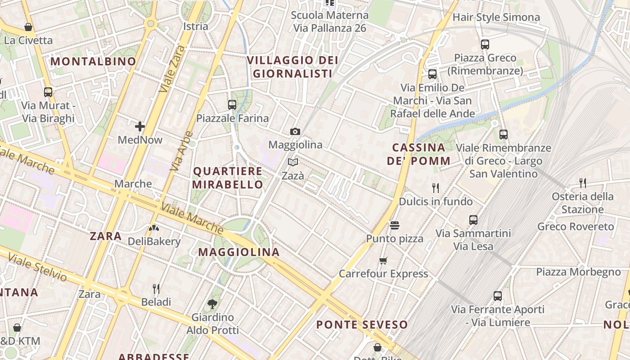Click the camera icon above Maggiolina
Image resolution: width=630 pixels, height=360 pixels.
[x=295, y=131]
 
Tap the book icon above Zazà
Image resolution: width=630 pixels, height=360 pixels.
[x=293, y=162]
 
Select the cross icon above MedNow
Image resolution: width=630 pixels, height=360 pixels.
[x=140, y=126]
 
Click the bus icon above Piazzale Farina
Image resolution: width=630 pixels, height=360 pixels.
[x=232, y=105]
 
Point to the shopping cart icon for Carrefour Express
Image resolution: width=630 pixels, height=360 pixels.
[x=383, y=261]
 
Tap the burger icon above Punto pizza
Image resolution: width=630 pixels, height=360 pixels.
[x=395, y=225]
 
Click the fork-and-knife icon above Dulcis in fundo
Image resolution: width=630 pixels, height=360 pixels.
[x=435, y=188]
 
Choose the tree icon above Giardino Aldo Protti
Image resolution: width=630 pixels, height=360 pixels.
[x=212, y=304]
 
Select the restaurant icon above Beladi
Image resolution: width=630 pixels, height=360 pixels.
[x=156, y=288]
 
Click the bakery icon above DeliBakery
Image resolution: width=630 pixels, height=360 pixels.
[x=154, y=228]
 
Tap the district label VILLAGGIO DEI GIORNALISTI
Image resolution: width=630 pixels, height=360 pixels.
[x=292, y=67]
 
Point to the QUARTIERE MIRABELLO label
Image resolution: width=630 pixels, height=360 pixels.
[x=228, y=178]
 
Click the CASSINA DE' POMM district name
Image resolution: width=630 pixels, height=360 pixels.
[x=418, y=154]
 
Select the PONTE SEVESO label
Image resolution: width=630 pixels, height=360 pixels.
[x=362, y=324]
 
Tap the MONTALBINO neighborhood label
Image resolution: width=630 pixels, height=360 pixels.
[x=93, y=61]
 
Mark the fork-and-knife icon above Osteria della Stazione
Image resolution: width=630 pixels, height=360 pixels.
[x=583, y=183]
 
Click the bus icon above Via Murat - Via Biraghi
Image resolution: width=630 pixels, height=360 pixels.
[x=48, y=92]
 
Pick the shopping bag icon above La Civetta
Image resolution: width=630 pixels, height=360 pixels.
[x=28, y=27]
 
